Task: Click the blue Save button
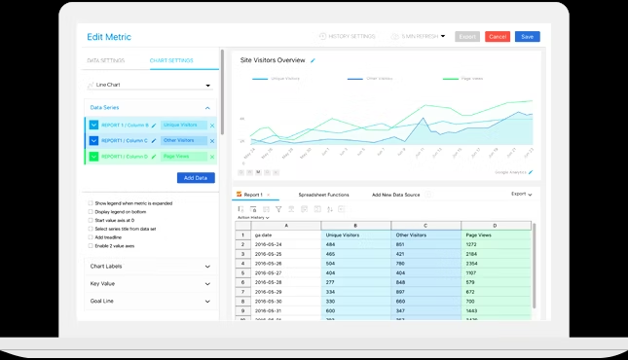tap(527, 36)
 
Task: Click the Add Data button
tap(196, 177)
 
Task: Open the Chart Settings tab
tap(170, 60)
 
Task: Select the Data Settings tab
tap(104, 60)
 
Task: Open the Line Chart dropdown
tap(149, 85)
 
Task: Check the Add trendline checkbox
tap(91, 236)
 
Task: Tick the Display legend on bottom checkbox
tap(91, 211)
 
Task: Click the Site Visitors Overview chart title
tap(272, 60)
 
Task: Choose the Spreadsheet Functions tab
tap(323, 195)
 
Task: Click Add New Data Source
tap(395, 195)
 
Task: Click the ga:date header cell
tap(285, 234)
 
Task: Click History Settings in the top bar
tap(348, 36)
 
